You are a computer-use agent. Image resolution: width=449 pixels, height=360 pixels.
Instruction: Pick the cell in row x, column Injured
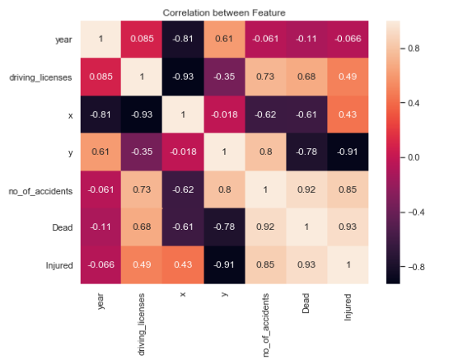349,115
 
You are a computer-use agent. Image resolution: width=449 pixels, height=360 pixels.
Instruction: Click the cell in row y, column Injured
349,152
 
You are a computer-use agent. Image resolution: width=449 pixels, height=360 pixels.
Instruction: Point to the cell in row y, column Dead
307,152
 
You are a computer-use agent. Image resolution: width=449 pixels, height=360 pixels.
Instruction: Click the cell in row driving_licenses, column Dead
307,77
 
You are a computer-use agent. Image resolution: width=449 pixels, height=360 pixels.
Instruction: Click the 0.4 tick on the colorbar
419,103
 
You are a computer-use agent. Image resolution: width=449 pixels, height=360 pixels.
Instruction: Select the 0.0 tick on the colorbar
419,157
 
